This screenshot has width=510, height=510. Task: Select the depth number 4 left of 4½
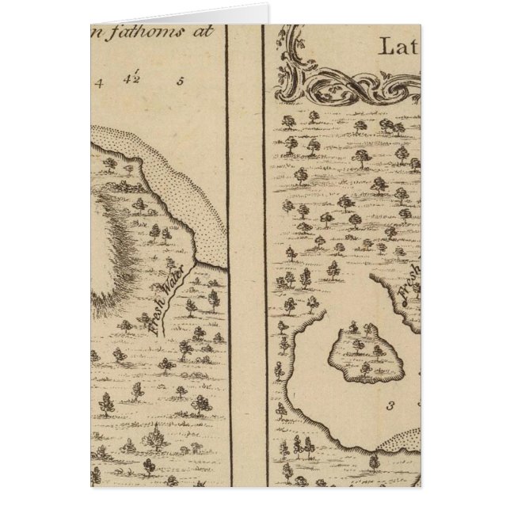[100, 81]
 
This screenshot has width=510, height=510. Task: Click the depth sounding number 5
[181, 80]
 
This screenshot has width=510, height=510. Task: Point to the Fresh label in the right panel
[406, 290]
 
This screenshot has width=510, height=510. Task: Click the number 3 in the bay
[390, 407]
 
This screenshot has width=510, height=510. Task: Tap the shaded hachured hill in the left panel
[119, 253]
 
